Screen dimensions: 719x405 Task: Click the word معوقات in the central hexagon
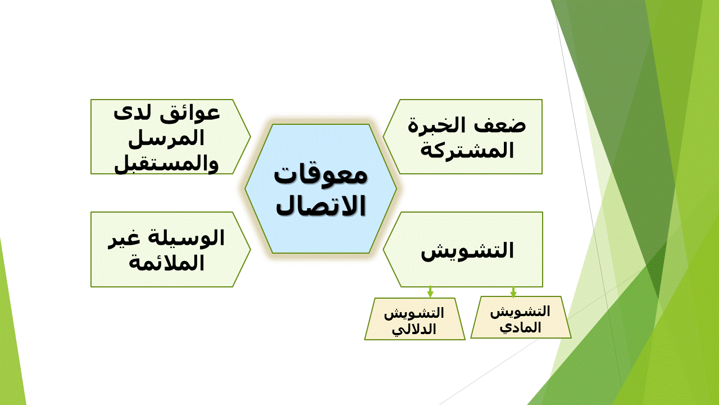tap(320, 175)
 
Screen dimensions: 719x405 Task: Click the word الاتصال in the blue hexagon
tap(321, 205)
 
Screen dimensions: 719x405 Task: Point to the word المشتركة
tap(467, 150)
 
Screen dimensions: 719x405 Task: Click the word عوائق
tap(190, 114)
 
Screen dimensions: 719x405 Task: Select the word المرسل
tap(166, 138)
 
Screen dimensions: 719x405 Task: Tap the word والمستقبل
tap(166, 164)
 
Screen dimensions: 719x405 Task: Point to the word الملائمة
tap(166, 263)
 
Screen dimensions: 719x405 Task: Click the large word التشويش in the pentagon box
tap(467, 251)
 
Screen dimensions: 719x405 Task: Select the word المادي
tap(520, 327)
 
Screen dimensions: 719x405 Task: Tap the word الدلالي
tap(414, 330)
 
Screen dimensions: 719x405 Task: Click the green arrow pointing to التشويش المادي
tap(513, 292)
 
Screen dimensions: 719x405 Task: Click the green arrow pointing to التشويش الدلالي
tap(430, 292)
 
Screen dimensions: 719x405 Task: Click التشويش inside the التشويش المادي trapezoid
tap(520, 312)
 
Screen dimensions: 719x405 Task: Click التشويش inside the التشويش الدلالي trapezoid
tap(414, 313)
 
